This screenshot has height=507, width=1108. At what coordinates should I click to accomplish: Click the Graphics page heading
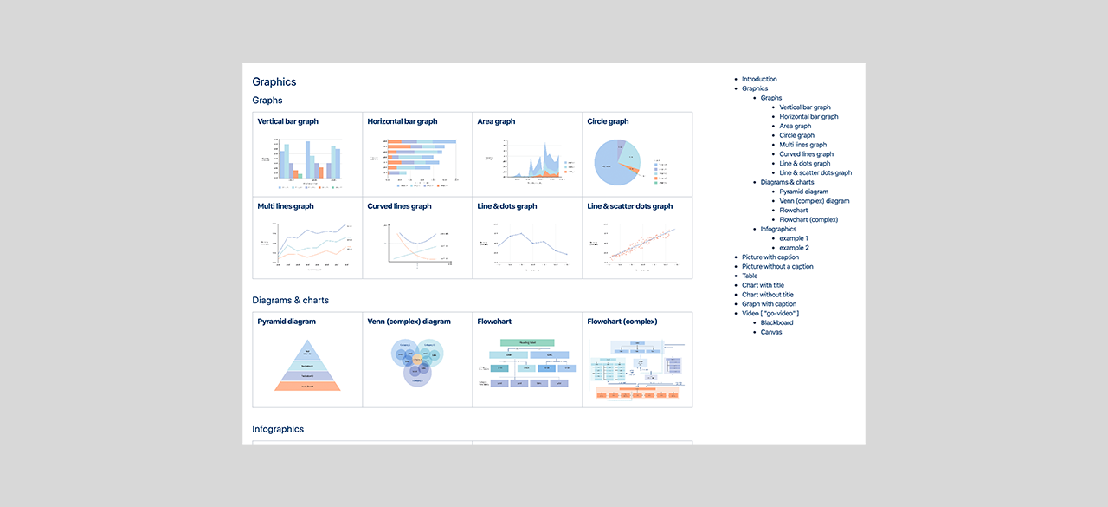(274, 82)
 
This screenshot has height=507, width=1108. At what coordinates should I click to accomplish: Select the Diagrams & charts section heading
(290, 301)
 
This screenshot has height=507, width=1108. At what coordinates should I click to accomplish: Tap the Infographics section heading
(278, 429)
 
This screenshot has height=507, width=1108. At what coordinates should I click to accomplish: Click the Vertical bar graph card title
(287, 122)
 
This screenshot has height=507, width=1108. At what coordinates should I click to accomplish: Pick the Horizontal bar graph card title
(402, 122)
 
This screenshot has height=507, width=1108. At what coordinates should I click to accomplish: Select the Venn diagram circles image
(418, 362)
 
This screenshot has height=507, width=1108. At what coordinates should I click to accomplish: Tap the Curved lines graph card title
(399, 207)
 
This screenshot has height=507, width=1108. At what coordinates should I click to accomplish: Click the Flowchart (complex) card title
(622, 322)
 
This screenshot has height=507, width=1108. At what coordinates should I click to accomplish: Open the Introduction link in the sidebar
(759, 80)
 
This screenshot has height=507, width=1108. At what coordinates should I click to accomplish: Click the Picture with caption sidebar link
(770, 257)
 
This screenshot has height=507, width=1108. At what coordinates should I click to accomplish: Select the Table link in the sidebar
(750, 276)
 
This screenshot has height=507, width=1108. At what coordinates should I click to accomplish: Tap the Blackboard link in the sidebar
(776, 323)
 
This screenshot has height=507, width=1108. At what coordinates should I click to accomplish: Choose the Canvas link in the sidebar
(771, 333)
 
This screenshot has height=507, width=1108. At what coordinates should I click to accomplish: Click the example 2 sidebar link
(794, 248)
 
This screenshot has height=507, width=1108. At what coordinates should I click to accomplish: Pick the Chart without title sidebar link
(767, 295)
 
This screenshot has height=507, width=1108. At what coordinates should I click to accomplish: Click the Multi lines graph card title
(286, 207)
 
